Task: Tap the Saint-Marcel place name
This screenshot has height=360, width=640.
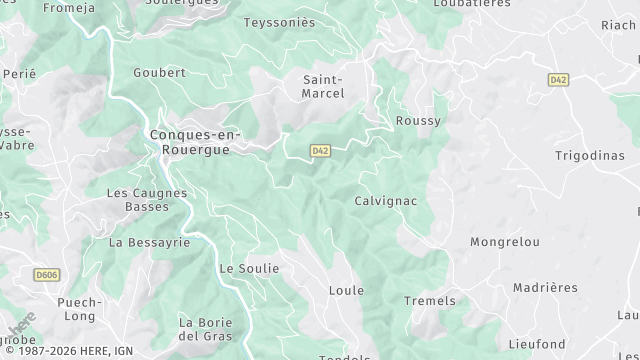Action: (323, 86)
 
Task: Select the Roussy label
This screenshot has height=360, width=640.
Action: (418, 120)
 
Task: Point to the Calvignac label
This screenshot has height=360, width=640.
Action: (385, 201)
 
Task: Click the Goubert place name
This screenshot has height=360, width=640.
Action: (160, 73)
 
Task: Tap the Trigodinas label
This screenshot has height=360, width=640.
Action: (589, 155)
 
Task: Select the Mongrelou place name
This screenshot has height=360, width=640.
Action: (505, 242)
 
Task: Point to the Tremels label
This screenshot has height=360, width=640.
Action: (429, 301)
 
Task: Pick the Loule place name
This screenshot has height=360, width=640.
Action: (346, 291)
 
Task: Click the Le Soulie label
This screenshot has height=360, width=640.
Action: (249, 269)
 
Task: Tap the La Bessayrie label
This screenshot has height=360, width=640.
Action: (149, 242)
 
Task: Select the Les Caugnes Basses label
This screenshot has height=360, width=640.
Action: (147, 199)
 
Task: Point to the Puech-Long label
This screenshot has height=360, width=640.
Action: (80, 308)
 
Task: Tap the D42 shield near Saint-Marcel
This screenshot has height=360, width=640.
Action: (320, 151)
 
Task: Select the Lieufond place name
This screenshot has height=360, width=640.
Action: (537, 344)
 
